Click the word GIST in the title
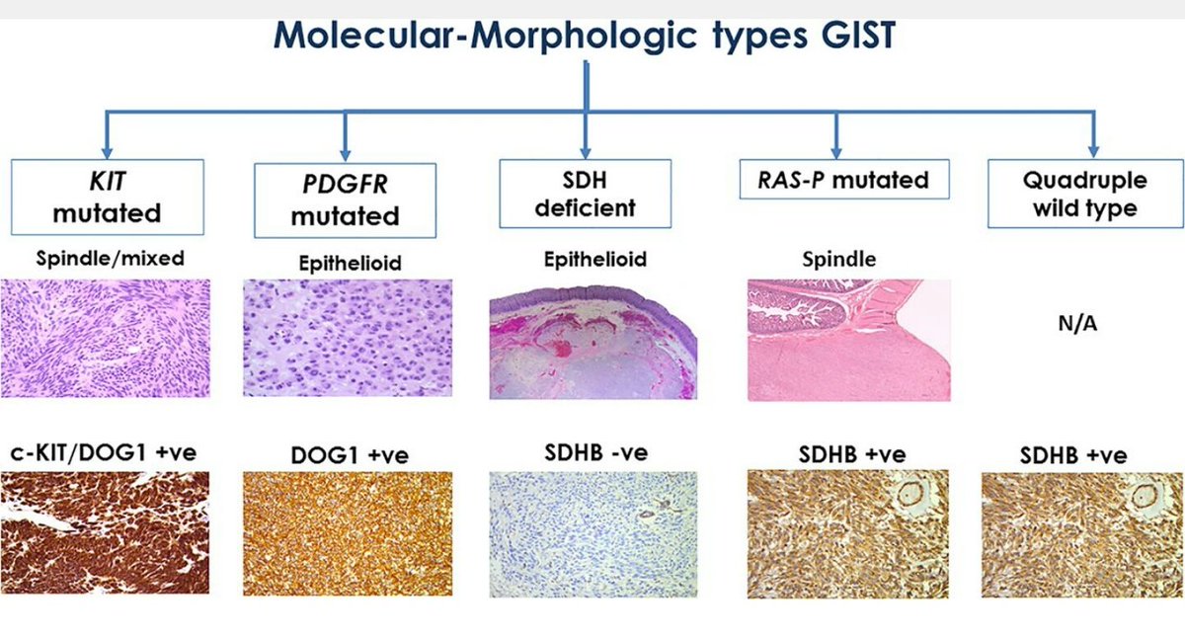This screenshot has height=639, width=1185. (857, 35)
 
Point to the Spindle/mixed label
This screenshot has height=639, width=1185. (110, 259)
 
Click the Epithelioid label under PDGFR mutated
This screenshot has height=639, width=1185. (351, 263)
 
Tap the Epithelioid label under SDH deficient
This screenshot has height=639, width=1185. (595, 259)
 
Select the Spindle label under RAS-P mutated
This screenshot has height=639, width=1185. (839, 259)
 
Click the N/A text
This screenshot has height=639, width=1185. (1077, 323)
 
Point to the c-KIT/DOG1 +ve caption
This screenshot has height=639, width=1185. (104, 452)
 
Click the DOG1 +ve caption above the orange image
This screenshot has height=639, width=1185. (350, 455)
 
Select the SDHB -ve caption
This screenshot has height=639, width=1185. (596, 452)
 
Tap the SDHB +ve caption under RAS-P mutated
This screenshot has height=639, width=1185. (852, 455)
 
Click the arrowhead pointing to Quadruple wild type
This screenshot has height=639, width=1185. (1093, 151)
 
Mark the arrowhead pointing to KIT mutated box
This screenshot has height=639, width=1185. (107, 152)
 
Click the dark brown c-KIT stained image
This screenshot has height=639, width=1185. (105, 532)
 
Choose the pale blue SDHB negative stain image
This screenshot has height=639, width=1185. (593, 534)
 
